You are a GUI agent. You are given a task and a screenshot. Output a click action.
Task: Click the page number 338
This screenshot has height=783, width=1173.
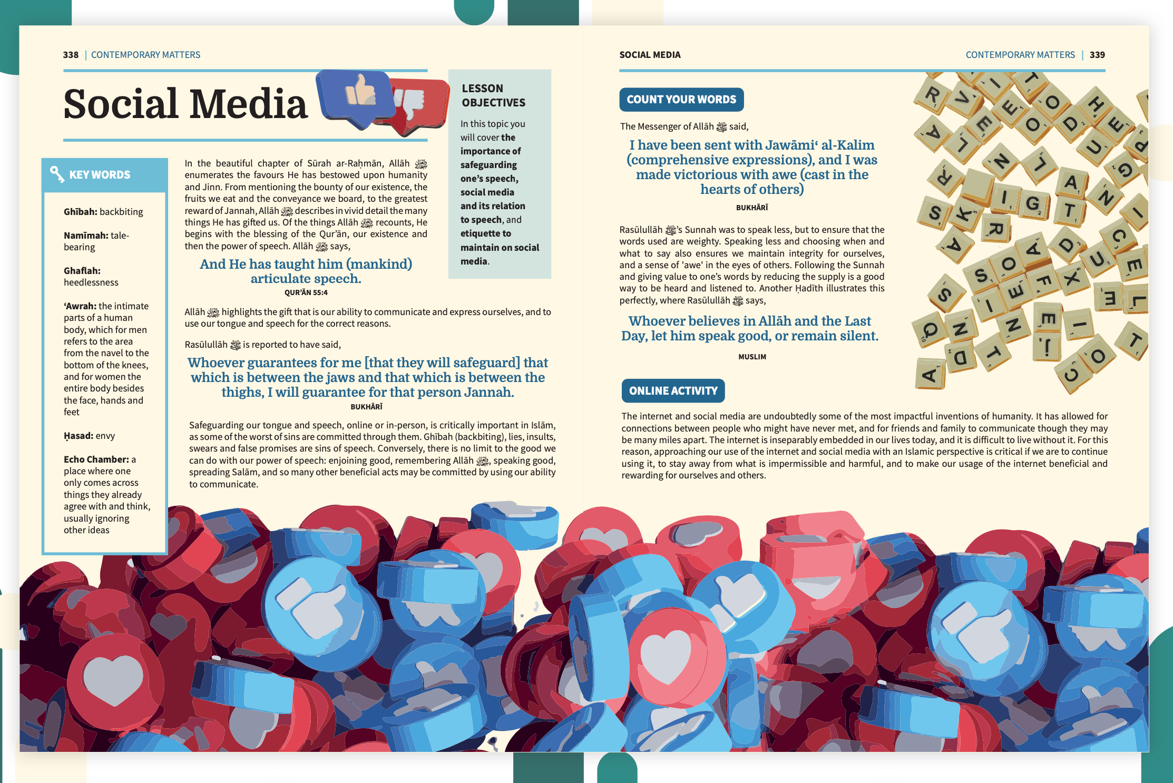[71, 55]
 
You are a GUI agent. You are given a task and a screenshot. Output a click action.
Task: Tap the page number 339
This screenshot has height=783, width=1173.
[1097, 55]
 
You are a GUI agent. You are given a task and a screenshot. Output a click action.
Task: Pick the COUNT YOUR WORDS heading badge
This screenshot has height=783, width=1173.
[681, 100]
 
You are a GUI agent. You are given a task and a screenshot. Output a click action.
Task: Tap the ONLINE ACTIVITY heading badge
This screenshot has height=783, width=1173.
[673, 391]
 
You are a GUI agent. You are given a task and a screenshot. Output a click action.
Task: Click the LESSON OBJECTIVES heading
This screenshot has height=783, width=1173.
[493, 95]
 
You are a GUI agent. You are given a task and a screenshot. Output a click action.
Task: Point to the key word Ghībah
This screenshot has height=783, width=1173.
[80, 212]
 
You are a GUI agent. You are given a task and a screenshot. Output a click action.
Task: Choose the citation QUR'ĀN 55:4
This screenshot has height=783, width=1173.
[306, 292]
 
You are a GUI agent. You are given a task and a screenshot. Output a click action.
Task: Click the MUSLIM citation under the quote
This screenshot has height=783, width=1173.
[752, 357]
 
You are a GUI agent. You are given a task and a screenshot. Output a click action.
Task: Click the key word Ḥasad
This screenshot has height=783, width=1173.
[78, 436]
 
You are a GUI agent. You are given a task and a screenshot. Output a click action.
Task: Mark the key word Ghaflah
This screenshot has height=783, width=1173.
[82, 271]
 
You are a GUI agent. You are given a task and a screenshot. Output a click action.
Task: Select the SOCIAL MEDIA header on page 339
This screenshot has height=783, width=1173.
[650, 55]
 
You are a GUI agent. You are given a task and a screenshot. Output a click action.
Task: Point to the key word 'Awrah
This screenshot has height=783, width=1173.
[80, 306]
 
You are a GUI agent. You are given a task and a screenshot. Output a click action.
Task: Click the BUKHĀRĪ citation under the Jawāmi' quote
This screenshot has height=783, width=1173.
[751, 208]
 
